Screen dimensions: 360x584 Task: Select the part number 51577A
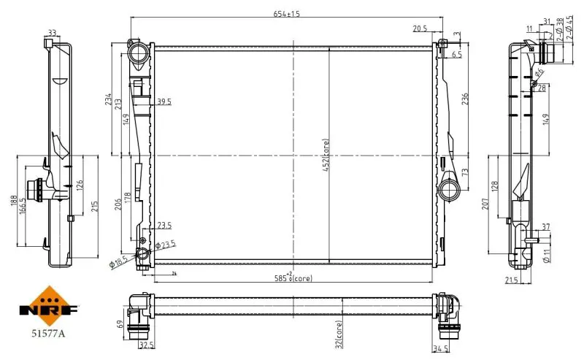[48, 333]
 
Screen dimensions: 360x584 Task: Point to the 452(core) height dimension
[326, 156]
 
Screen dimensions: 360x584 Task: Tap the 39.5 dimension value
[164, 102]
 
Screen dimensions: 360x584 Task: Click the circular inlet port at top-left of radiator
[138, 54]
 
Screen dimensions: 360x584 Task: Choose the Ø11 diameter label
[547, 255]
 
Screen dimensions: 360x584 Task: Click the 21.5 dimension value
[512, 280]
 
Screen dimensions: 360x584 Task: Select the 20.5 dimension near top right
[419, 29]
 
